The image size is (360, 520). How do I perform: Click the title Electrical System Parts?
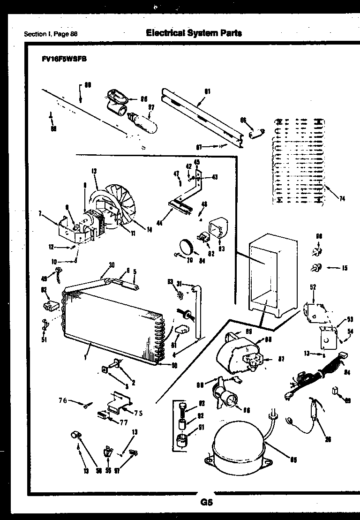coord(194,33)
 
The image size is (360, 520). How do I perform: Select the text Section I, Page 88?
coord(51,34)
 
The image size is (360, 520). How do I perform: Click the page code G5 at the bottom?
coord(206,503)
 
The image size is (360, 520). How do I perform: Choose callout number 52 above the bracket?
coord(313,287)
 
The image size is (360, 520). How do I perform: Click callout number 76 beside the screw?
coord(62,400)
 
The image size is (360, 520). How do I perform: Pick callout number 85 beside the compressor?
coord(293,460)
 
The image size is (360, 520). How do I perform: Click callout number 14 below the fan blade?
coord(149,230)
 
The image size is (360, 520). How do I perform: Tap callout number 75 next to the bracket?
coord(139,413)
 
